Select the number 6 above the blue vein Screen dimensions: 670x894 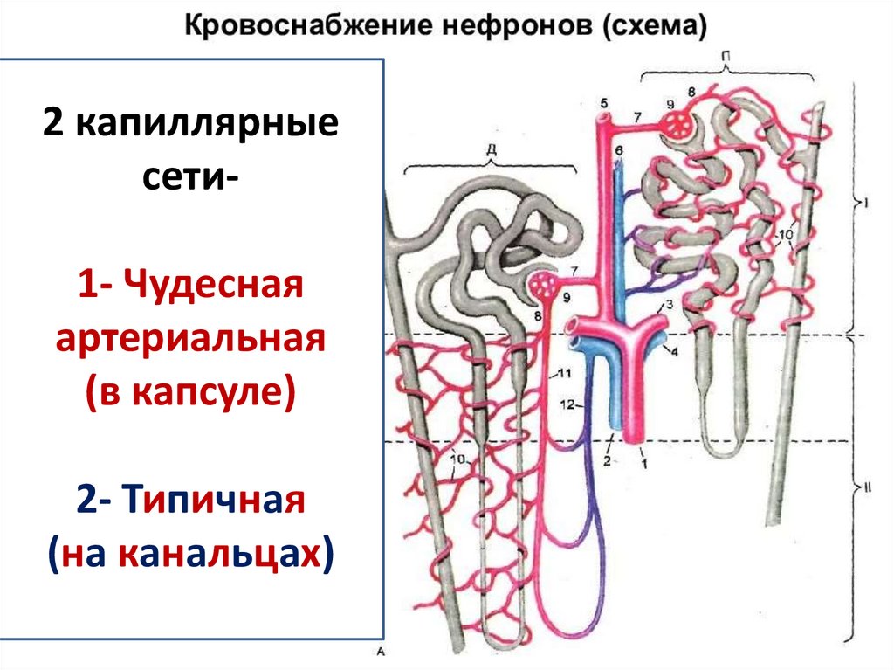619,151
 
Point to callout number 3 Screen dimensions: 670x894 669,305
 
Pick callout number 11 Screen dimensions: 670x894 564,375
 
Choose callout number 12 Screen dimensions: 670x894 567,404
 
